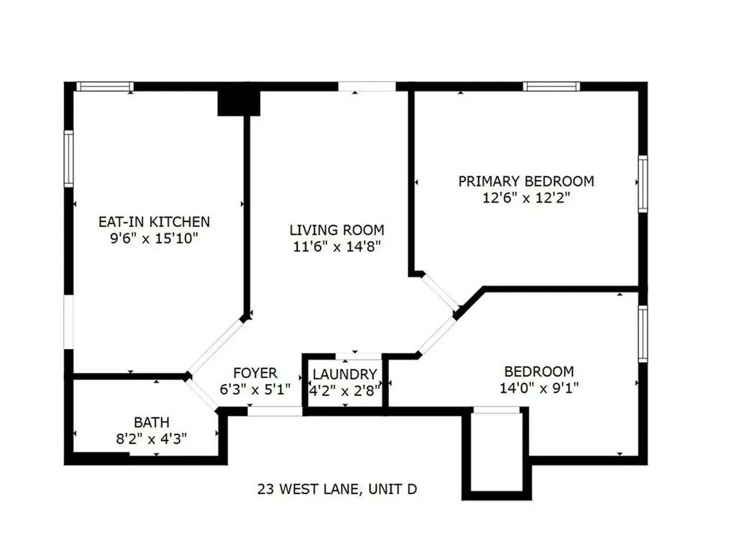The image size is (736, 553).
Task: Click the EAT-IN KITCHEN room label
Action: (154, 222)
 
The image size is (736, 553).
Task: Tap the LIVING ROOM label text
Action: (336, 230)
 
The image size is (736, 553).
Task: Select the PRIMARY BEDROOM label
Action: (526, 181)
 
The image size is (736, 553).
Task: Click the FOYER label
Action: (255, 373)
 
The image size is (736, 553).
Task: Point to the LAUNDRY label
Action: (345, 374)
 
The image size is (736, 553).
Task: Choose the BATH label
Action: (152, 422)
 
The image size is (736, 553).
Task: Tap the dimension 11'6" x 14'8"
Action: (336, 247)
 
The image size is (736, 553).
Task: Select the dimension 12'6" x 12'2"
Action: (527, 197)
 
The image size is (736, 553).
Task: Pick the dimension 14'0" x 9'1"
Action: (538, 389)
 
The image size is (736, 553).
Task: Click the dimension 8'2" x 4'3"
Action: (152, 439)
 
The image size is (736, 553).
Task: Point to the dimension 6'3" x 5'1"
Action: (254, 389)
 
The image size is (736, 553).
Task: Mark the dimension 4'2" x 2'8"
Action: (345, 390)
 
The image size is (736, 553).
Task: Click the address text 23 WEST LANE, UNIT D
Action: (338, 490)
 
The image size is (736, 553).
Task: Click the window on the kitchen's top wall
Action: (105, 87)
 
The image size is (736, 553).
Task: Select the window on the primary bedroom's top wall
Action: (551, 86)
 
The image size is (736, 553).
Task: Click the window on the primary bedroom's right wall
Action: (643, 184)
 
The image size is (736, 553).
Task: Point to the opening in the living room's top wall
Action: (367, 86)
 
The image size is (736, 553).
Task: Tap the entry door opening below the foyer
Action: (275, 412)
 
